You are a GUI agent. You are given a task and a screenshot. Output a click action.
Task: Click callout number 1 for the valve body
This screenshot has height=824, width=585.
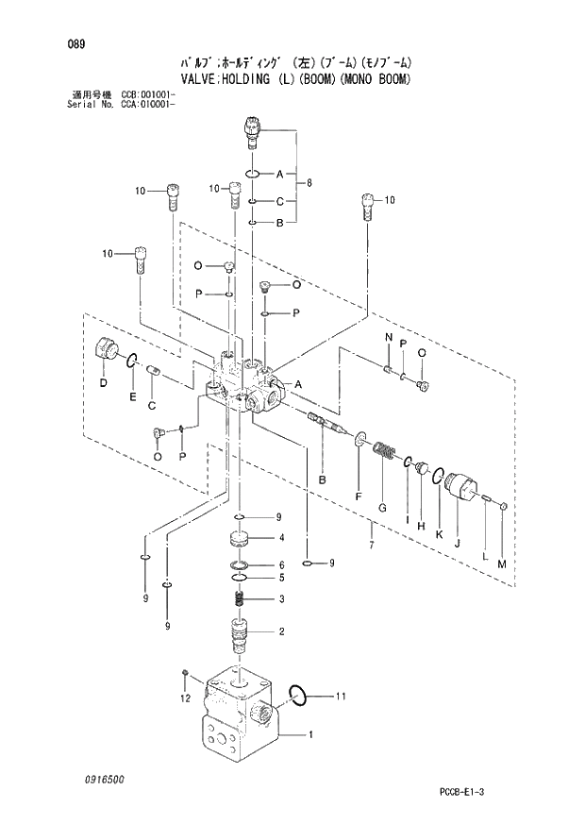(311, 732)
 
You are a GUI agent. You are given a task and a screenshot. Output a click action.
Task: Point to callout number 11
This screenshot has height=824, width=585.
(342, 697)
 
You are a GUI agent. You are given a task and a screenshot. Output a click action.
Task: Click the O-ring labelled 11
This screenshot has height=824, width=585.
(296, 696)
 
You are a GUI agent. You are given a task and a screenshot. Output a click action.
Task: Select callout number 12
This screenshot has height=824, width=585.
(185, 698)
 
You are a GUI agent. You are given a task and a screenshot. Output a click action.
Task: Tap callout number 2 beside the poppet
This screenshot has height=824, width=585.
(279, 631)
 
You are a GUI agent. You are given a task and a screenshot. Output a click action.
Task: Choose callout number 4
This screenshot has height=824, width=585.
(279, 539)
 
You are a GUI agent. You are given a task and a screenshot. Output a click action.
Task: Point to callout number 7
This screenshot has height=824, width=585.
(371, 547)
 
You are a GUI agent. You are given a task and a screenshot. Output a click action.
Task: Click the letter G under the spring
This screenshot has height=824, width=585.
(382, 508)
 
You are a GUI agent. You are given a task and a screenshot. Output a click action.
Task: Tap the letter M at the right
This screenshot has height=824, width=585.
(502, 563)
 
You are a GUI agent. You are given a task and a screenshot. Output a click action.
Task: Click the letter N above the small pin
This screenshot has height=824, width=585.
(387, 338)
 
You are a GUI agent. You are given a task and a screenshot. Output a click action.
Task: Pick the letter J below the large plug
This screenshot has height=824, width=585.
(457, 542)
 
